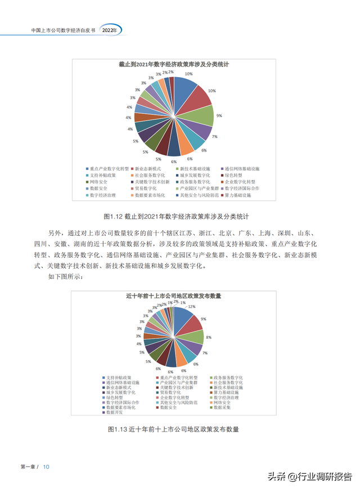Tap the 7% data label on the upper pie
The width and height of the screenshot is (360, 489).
click(x=215, y=137)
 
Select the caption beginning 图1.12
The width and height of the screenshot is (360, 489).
click(x=176, y=216)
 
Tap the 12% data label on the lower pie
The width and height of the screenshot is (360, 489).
click(x=192, y=307)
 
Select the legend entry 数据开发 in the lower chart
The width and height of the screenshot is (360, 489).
click(x=114, y=412)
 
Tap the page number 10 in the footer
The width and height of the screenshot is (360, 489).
click(x=47, y=467)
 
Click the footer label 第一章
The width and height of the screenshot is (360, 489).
click(x=28, y=467)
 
